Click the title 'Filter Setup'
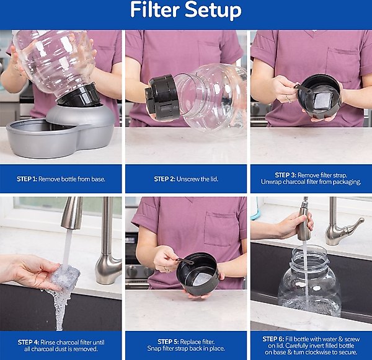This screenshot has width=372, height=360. coord(186,11)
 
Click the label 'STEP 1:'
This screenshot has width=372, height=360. coord(27,179)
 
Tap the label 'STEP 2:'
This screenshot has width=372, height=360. coord(164,179)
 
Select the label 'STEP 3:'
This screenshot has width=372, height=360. coord(285,175)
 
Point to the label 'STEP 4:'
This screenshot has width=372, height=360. coord(29,343)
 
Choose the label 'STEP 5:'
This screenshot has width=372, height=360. coord(168,342)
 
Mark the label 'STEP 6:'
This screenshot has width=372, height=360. coord(273,339)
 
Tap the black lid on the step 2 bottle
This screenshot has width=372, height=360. coord(161,96)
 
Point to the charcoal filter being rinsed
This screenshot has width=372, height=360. coord(65,277)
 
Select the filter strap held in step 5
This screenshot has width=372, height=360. coord(185,261)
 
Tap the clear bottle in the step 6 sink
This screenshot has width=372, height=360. coord(310,281)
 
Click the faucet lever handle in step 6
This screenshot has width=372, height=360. coord(354,226)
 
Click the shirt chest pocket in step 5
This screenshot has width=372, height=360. coord(221,229)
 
